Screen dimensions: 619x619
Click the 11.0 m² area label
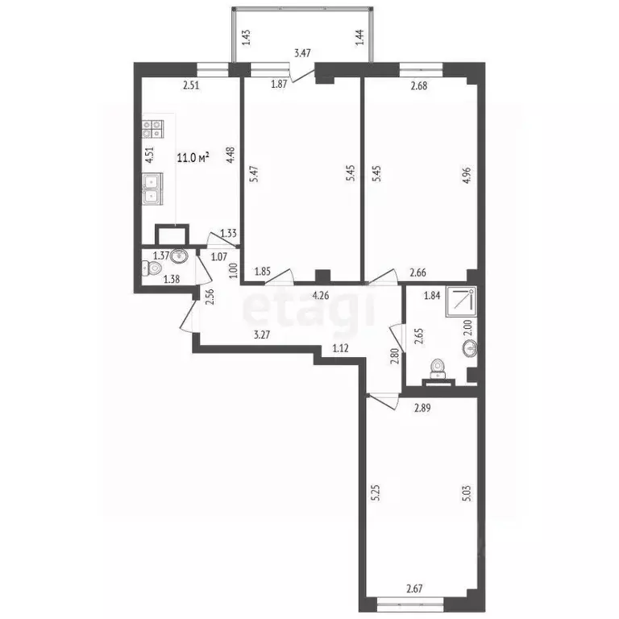193,157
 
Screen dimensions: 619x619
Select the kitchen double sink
152,190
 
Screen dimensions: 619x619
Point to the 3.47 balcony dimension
302,53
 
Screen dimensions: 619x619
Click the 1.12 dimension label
341,349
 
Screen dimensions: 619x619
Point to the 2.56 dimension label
210,297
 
